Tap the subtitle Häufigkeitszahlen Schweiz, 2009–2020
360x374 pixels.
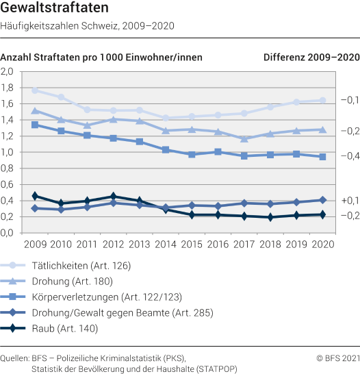88,27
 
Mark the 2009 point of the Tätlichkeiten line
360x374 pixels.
35,90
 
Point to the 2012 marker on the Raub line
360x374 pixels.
114,196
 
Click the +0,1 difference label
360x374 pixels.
350,200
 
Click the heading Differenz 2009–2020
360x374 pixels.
311,58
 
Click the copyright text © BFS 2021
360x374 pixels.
337,358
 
